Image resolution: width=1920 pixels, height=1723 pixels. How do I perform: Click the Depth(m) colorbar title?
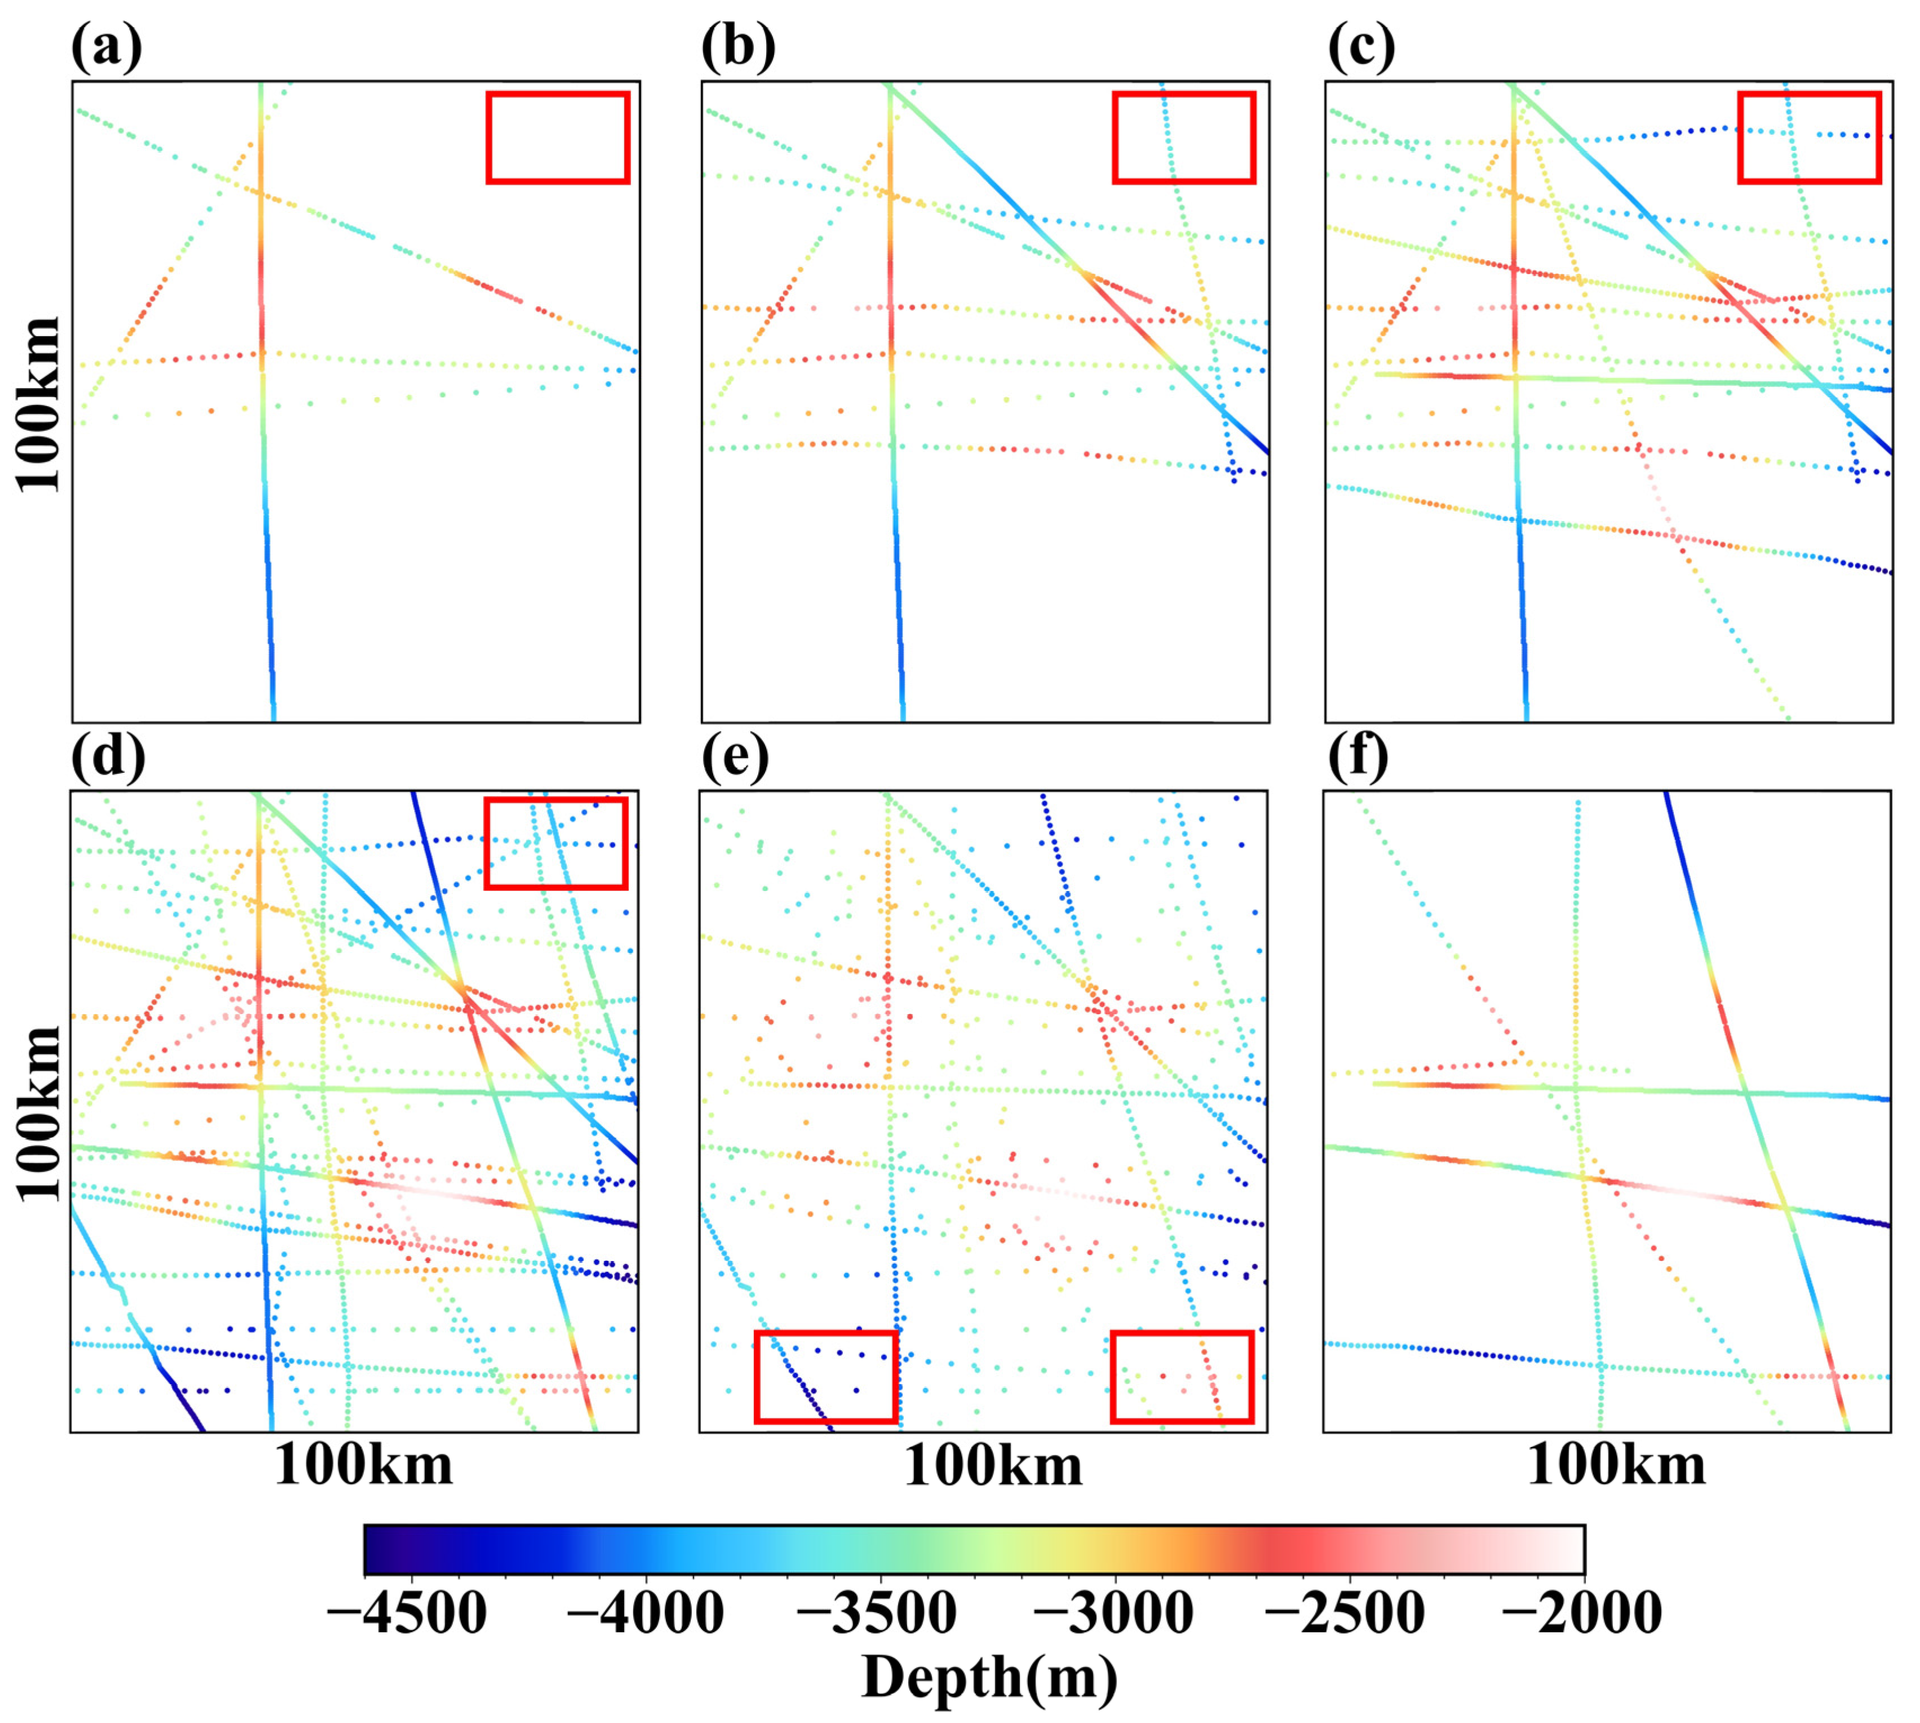coord(989,1679)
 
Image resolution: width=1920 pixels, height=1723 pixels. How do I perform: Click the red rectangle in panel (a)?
coord(558,137)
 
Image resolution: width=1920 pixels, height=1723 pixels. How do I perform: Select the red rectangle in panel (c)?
coord(1809,137)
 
